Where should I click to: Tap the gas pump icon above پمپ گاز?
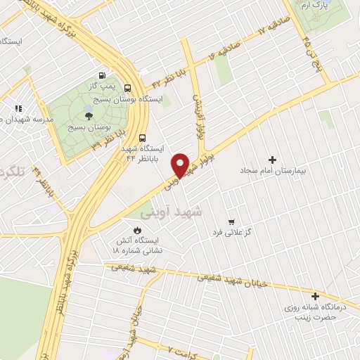[103, 75]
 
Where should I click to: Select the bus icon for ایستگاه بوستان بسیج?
[127, 89]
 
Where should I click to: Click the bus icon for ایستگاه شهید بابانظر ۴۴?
[143, 138]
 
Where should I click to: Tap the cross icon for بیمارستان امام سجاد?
[273, 160]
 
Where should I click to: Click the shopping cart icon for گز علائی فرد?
[231, 221]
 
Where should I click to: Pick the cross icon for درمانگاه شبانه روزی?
[315, 296]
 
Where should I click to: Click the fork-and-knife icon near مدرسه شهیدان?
[18, 108]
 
